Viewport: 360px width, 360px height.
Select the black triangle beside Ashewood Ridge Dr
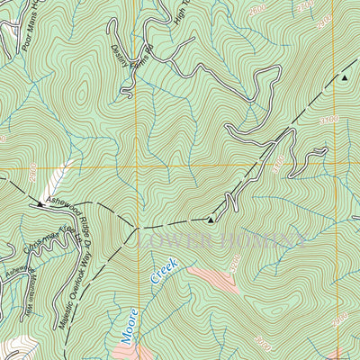(x=40, y=206)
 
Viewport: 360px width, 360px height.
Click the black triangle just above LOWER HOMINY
(x=211, y=219)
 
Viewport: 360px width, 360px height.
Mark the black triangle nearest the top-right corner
(x=344, y=79)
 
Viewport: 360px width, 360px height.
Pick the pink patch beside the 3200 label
(x=211, y=281)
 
